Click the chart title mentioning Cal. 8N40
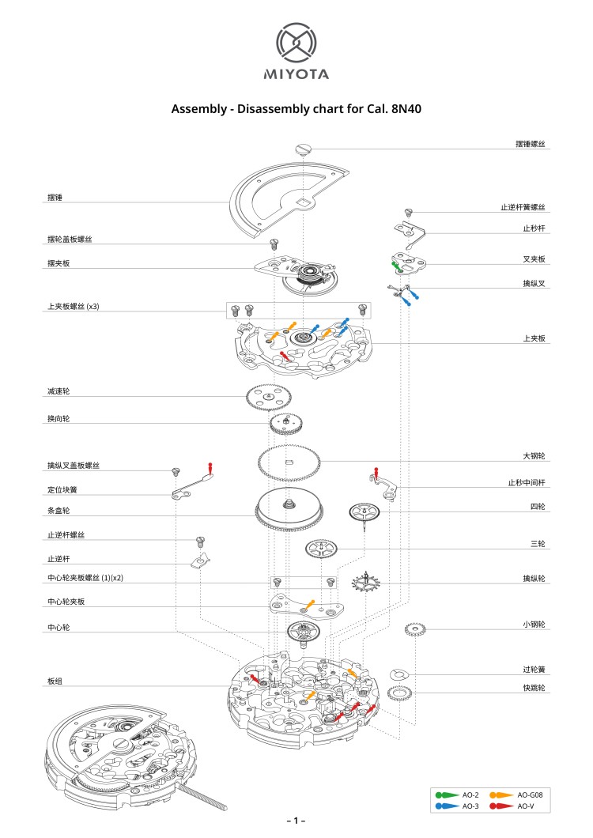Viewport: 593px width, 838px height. pyautogui.click(x=296, y=109)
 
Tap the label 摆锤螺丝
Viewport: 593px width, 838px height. pyautogui.click(x=531, y=145)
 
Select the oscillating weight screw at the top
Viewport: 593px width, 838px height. pyautogui.click(x=303, y=147)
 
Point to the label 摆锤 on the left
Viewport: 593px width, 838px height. pyautogui.click(x=55, y=198)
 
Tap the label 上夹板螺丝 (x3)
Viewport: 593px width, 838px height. pyautogui.click(x=72, y=306)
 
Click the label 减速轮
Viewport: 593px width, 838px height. pyautogui.click(x=59, y=391)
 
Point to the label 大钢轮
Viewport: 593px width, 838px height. pyautogui.click(x=535, y=456)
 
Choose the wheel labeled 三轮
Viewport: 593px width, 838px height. pyautogui.click(x=322, y=548)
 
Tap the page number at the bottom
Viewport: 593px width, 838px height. pyautogui.click(x=296, y=821)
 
